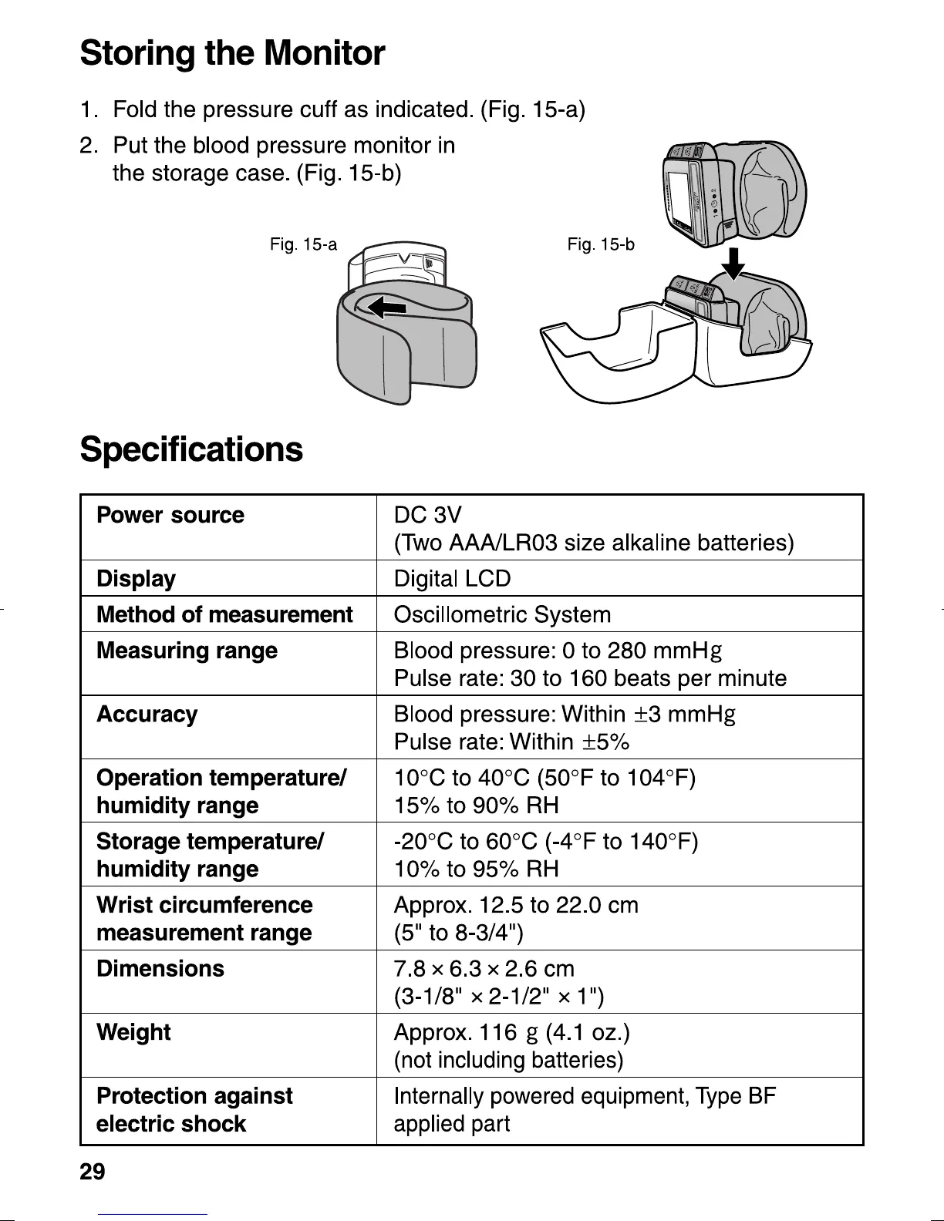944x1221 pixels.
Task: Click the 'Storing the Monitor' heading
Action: point(232,53)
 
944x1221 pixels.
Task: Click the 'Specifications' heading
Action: point(191,449)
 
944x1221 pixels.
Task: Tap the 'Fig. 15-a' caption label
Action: point(303,245)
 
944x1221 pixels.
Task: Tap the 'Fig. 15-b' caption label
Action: point(601,245)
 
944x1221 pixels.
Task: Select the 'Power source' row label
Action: point(170,515)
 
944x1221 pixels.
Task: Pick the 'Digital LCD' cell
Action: point(452,579)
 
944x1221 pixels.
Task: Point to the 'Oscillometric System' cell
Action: point(502,615)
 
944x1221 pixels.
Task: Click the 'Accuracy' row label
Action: point(147,715)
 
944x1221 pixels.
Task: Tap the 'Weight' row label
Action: point(133,1032)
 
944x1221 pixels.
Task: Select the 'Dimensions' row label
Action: point(160,968)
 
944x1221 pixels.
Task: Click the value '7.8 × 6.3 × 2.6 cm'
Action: point(484,969)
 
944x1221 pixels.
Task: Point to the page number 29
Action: point(93,1172)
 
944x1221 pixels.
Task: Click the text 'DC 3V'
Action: point(427,515)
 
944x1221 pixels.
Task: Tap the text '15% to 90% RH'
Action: point(476,806)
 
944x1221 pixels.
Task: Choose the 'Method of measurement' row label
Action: point(224,615)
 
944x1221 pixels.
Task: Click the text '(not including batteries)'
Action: point(508,1061)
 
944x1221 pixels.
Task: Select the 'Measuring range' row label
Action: point(187,651)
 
